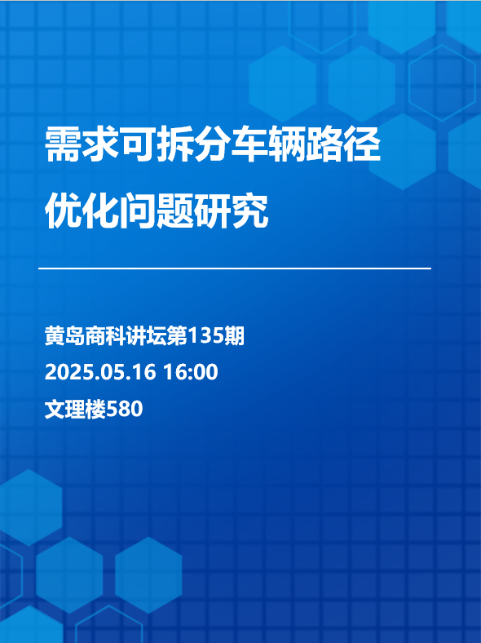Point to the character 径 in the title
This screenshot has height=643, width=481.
tap(362, 144)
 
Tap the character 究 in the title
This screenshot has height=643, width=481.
tap(250, 211)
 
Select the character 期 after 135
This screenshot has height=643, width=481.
tap(234, 336)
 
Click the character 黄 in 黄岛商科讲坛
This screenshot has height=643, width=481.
tap(55, 336)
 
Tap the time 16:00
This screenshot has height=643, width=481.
tap(191, 372)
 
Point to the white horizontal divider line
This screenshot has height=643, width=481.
tap(234, 268)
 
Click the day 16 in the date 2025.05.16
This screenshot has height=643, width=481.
tap(146, 372)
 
